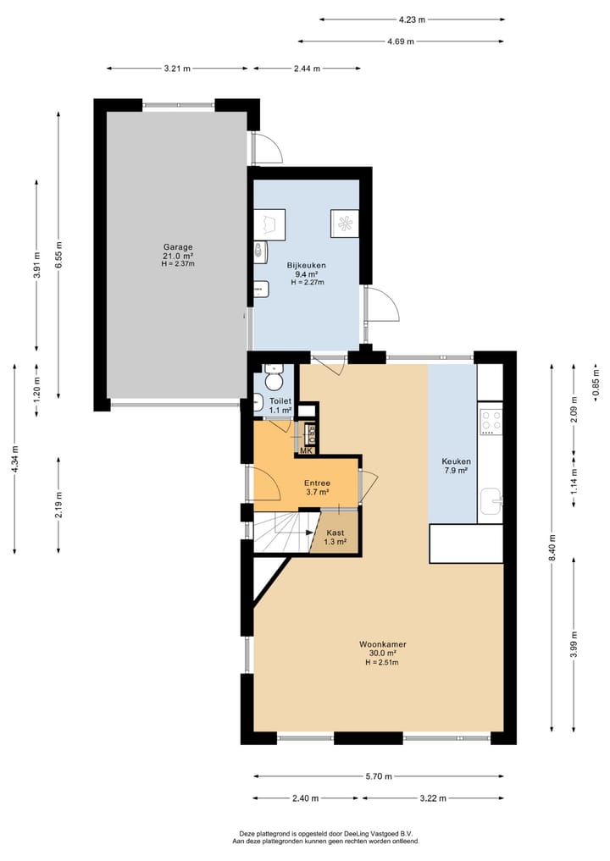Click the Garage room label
178,246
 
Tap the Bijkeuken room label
306,265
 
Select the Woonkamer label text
382,644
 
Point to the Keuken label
456,461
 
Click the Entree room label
318,483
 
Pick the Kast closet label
335,533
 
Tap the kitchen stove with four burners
491,421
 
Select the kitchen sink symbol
491,500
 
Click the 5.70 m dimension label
379,775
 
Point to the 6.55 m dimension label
58,256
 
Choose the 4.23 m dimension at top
412,19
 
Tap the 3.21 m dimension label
177,69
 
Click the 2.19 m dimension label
58,505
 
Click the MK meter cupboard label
306,450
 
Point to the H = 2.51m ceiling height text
382,662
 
